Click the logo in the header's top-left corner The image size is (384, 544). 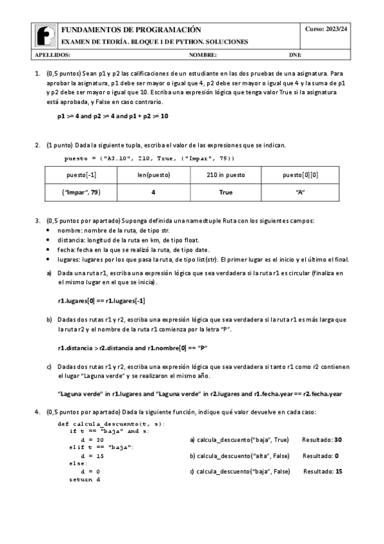coord(44,35)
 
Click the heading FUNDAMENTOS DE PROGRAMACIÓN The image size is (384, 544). coord(131,30)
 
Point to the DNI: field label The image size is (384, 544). coord(295,55)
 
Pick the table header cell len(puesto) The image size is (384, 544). coord(153,175)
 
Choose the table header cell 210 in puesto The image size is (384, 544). coord(226,175)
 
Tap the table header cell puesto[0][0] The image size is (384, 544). coord(299,175)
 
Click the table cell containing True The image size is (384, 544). coord(226,192)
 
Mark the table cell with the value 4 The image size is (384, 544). coord(153,192)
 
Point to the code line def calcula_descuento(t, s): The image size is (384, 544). coord(111,424)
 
